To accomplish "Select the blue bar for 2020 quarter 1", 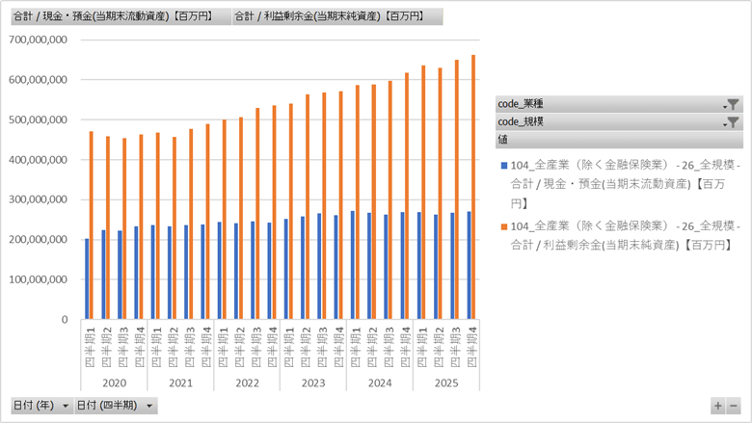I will click(87, 278).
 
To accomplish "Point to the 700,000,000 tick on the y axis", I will click(37, 40).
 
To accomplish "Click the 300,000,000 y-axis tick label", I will click(37, 199).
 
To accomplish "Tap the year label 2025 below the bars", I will click(445, 383).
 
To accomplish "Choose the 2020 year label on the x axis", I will click(114, 383).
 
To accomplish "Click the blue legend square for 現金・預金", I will click(503, 166).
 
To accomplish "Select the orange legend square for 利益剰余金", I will click(503, 225).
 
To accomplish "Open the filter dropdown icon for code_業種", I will click(732, 104).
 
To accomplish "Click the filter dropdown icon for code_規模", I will click(732, 122).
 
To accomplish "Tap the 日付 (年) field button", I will click(40, 406).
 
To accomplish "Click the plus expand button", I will click(717, 406).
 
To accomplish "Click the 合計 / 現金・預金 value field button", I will click(120, 16).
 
